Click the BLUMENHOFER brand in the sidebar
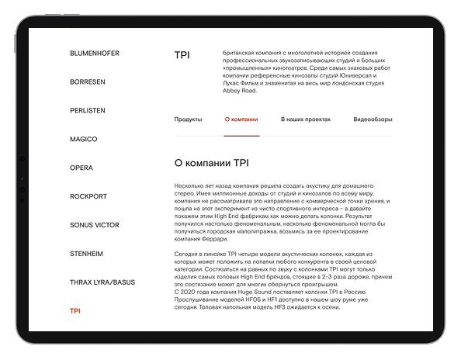pyautogui.click(x=95, y=53)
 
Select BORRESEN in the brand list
pyautogui.click(x=88, y=81)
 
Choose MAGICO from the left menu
pyautogui.click(x=84, y=139)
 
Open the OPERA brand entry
pyautogui.click(x=81, y=168)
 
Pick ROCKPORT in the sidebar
pyautogui.click(x=88, y=196)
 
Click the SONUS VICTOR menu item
pyautogui.click(x=95, y=225)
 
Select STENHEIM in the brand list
pyautogui.click(x=87, y=254)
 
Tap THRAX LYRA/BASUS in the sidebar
pyautogui.click(x=102, y=282)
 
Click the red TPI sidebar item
pyautogui.click(x=75, y=311)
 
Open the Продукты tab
pyautogui.click(x=188, y=119)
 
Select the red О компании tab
pyautogui.click(x=241, y=119)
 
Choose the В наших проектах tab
pyautogui.click(x=306, y=119)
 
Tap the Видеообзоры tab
pyautogui.click(x=373, y=119)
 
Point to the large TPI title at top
pyautogui.click(x=182, y=55)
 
